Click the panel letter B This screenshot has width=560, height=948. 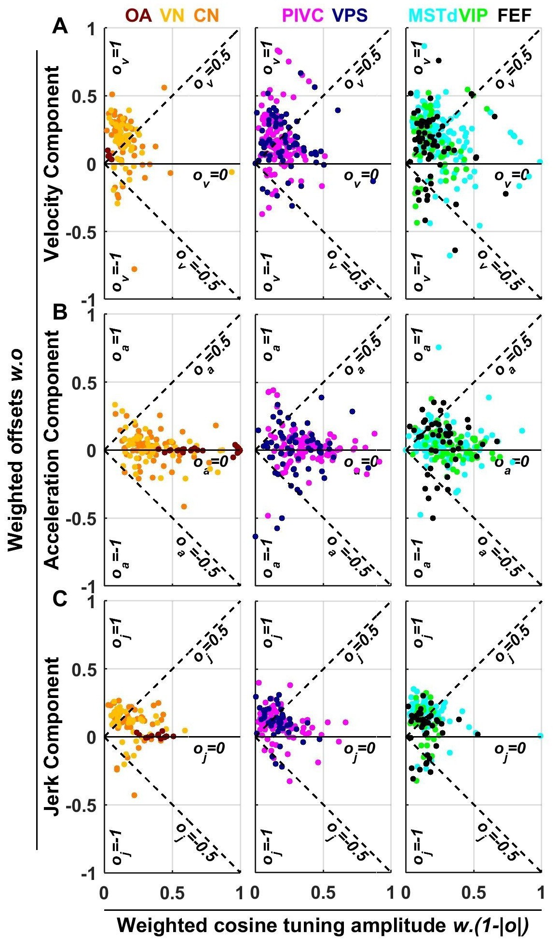(60, 313)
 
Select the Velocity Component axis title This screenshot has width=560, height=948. (52, 164)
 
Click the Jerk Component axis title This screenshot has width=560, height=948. (52, 736)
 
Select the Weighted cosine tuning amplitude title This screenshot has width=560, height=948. (323, 925)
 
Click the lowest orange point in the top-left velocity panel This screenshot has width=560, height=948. (134, 269)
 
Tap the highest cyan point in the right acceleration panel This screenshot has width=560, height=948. (439, 347)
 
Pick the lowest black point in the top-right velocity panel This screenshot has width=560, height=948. (455, 250)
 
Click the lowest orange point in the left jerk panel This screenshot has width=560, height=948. (134, 795)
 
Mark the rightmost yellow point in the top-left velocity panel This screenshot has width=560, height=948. (232, 172)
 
